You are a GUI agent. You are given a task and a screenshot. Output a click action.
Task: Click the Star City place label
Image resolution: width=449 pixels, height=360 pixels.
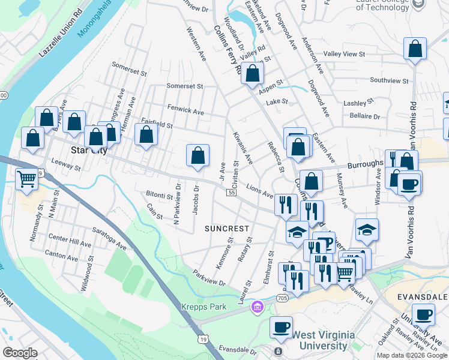(89, 151)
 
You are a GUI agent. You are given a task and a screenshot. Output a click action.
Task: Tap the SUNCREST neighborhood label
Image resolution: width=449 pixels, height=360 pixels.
(226, 229)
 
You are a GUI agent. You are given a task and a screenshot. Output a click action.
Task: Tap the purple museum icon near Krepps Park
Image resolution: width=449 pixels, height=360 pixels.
(258, 307)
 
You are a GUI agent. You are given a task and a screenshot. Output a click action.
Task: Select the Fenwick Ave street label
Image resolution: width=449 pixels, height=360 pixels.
(185, 111)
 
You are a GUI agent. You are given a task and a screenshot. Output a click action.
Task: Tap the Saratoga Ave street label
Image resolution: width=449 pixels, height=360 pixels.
(109, 238)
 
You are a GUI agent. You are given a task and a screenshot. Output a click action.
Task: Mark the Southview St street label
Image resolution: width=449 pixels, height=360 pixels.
(389, 80)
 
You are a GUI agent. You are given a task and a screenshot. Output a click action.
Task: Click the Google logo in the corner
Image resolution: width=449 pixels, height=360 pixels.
(20, 353)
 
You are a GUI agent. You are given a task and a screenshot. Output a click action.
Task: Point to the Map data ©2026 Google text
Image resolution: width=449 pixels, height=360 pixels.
(411, 355)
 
